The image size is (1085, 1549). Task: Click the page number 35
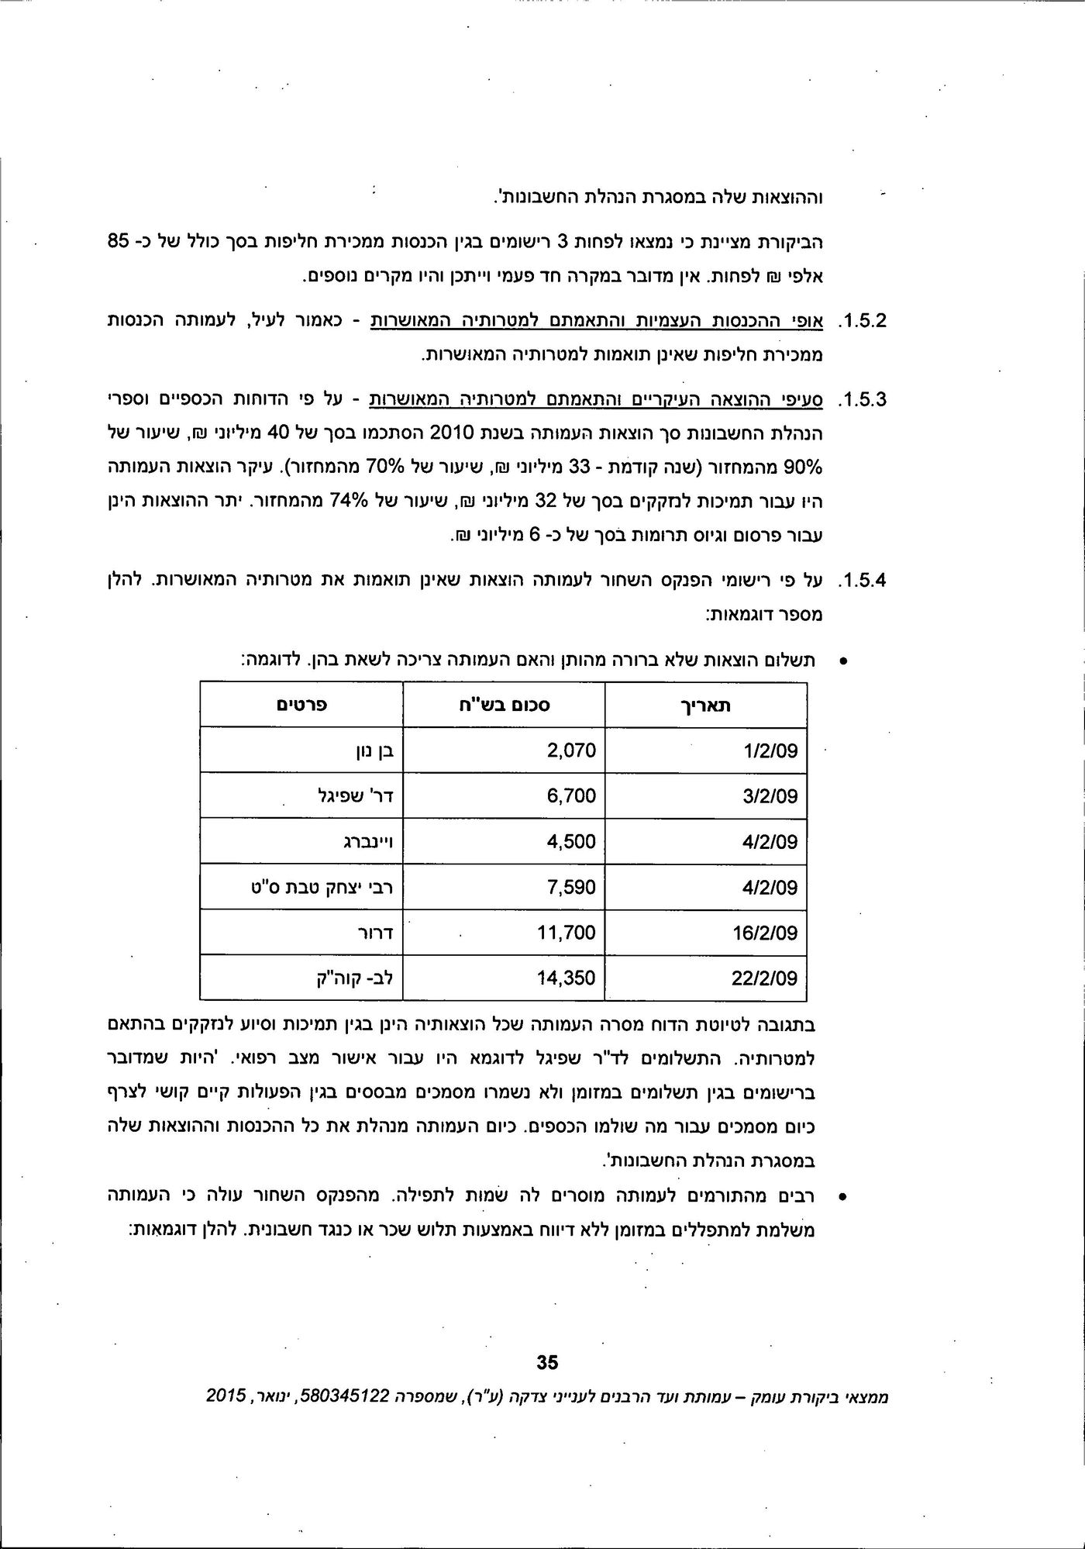coord(547,1362)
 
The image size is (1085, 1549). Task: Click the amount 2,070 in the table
coord(571,750)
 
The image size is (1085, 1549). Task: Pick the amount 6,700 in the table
coord(571,796)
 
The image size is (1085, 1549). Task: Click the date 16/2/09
coord(765,933)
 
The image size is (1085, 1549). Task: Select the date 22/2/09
coord(765,978)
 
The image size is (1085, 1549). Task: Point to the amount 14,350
coord(567,978)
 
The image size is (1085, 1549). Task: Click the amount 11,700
coord(567,933)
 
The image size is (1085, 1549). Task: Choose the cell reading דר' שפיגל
coord(356,796)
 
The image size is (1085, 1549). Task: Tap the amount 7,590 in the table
coord(571,887)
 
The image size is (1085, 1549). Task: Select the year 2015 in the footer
coord(226,1396)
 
